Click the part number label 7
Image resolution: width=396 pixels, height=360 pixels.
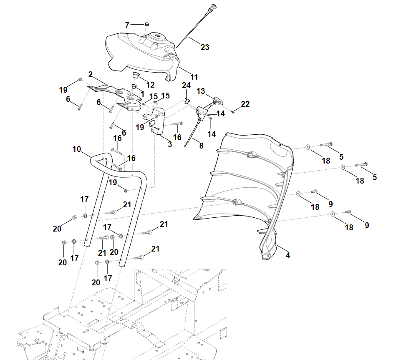pos(127,25)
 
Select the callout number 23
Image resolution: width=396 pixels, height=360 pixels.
pos(205,47)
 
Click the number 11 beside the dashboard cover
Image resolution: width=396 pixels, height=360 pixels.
pos(194,77)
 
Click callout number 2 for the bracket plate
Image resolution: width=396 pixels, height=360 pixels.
pos(90,74)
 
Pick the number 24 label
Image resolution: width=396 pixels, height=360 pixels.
pos(186,85)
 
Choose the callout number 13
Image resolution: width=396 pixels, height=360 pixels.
pos(201,91)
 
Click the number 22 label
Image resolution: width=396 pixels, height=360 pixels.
pos(245,104)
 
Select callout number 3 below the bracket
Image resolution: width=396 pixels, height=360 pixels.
pos(170,144)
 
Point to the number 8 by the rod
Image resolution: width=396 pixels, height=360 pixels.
pos(202,146)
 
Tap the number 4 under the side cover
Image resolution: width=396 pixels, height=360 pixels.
pos(288,255)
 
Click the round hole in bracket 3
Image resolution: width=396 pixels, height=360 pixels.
pos(153,124)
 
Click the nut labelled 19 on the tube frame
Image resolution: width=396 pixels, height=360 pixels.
pos(126,191)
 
